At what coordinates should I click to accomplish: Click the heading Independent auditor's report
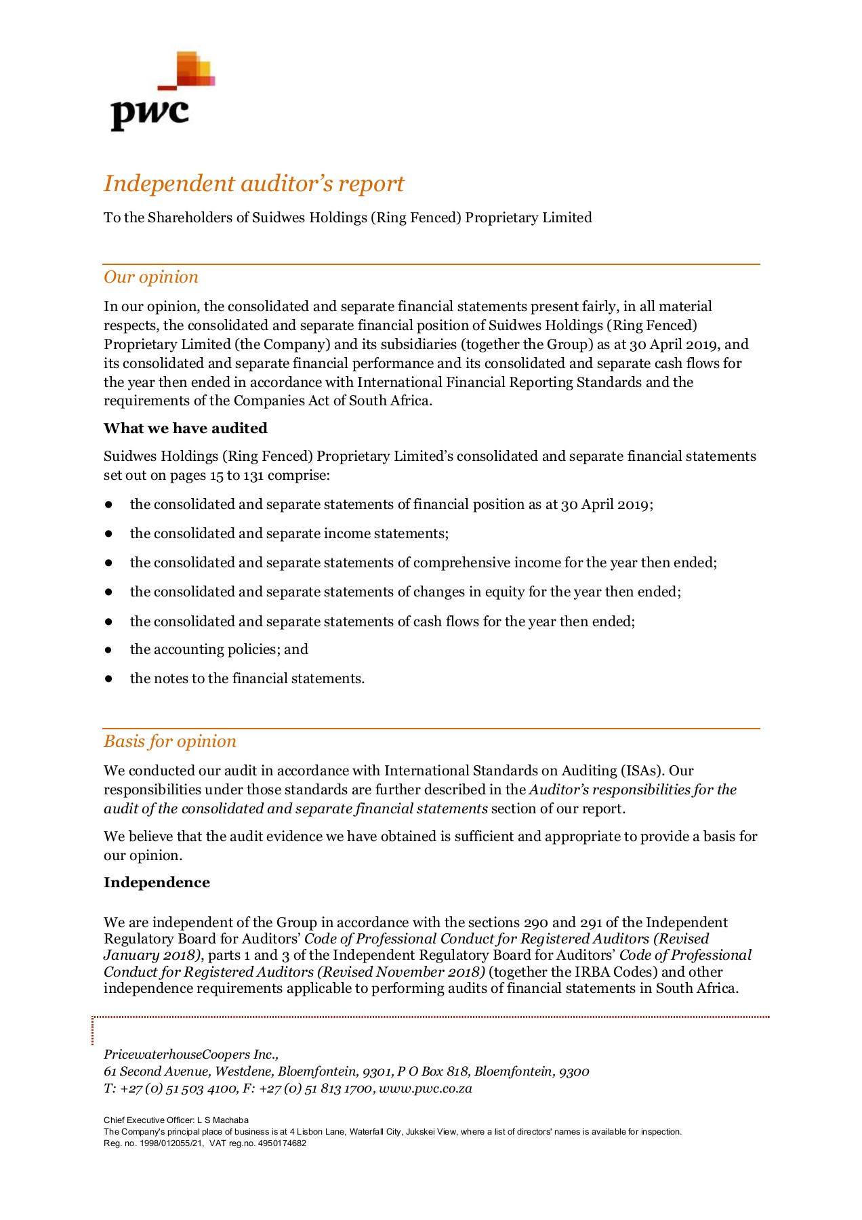(253, 184)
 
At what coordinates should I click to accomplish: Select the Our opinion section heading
(150, 277)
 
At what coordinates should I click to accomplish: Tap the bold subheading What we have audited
(185, 428)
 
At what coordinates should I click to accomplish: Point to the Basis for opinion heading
(169, 741)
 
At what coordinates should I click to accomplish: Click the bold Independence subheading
(157, 882)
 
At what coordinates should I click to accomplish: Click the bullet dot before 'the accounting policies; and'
(108, 650)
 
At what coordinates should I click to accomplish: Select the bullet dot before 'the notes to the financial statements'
(108, 679)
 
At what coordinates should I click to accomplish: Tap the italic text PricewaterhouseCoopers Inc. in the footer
(191, 1055)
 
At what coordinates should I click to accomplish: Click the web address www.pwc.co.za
(425, 1089)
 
